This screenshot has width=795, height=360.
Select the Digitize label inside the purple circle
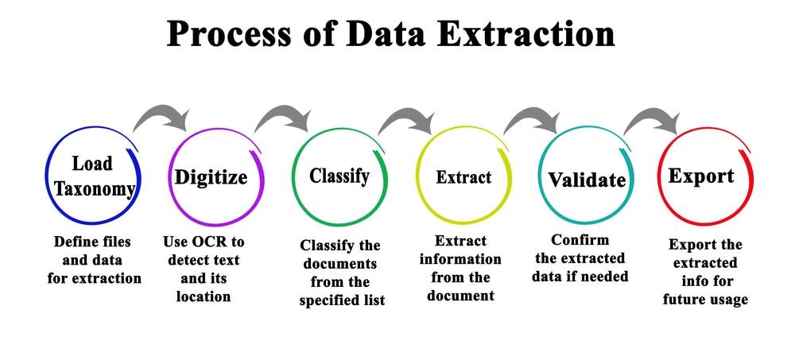pyautogui.click(x=211, y=177)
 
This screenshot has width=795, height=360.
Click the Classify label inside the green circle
pyautogui.click(x=339, y=176)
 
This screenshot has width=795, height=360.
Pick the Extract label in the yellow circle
pyautogui.click(x=463, y=177)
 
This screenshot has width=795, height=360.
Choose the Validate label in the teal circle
pyautogui.click(x=587, y=180)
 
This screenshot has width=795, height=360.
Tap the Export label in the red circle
pyautogui.click(x=701, y=176)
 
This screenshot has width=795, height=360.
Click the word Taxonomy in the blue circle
pyautogui.click(x=95, y=188)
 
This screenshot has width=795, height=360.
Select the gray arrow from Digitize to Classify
pyautogui.click(x=283, y=115)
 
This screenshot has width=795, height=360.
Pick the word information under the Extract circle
pyautogui.click(x=460, y=259)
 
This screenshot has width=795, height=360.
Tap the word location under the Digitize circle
pyautogui.click(x=204, y=296)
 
